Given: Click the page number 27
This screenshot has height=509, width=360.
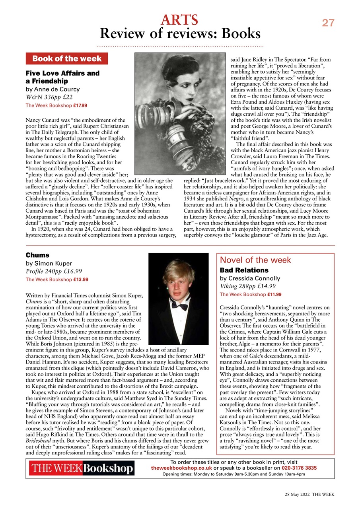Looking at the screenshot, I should [328, 23].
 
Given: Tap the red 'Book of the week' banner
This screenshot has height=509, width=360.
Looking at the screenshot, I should [67, 59].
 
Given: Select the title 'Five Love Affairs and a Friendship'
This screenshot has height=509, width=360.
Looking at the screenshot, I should [62, 77].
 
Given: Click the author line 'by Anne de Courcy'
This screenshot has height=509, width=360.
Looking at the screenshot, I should [53, 89].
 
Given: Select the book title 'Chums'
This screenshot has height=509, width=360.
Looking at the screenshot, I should [37, 255].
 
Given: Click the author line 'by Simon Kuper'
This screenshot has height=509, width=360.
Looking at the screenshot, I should [49, 263].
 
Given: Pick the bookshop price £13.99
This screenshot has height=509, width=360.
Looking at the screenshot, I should [80, 280].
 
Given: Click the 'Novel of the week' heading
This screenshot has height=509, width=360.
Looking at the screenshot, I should [255, 260].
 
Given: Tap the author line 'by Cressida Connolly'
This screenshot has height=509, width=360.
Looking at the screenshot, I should [250, 278].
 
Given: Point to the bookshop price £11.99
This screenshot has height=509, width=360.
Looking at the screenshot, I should [274, 295].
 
